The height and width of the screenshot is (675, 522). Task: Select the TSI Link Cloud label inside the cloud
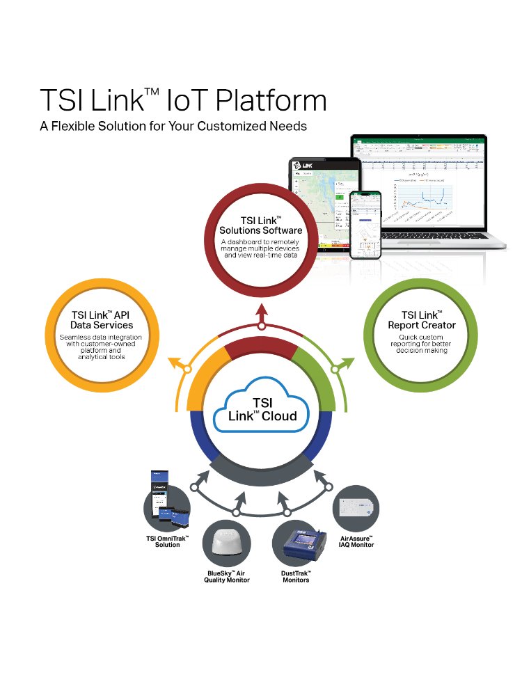[x=262, y=409]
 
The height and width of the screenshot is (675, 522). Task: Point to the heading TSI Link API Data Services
[x=102, y=319]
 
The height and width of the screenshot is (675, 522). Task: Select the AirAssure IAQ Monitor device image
[x=356, y=509]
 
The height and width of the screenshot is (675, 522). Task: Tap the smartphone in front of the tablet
[x=366, y=224]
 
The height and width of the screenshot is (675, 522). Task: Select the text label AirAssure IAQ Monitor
[x=357, y=541]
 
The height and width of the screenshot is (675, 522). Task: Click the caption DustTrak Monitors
[x=296, y=576]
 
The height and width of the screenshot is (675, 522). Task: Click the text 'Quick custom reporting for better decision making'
[x=422, y=344]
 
